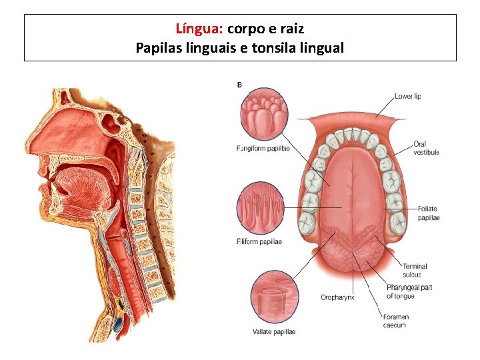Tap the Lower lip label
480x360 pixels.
407,96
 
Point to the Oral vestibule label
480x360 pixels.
426,147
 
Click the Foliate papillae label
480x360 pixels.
428,213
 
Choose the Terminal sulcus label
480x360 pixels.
415,270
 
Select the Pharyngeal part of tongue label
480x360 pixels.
409,291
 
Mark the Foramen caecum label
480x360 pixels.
397,321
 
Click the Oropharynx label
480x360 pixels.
337,297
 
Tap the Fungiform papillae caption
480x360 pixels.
263,149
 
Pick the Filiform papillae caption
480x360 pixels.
259,241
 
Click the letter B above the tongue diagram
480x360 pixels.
239,84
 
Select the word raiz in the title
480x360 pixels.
292,29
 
